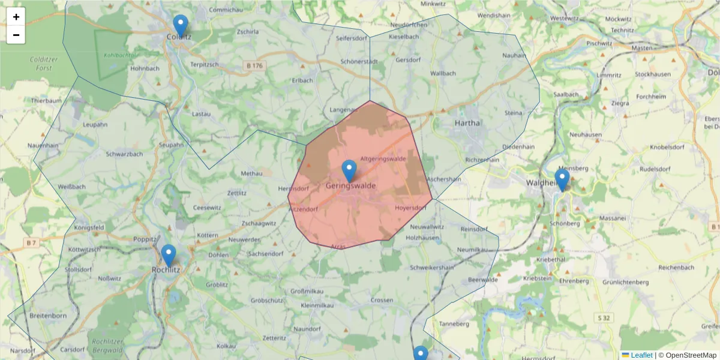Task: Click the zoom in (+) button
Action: [x=16, y=17]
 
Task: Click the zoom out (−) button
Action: [x=16, y=35]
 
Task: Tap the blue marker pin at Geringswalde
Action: [x=349, y=171]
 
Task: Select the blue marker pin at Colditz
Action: [x=181, y=26]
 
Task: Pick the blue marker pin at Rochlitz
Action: [x=169, y=255]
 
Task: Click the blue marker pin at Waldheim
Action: [x=562, y=179]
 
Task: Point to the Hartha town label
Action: [x=468, y=123]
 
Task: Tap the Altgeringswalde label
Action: [x=383, y=159]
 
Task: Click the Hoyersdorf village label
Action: [x=410, y=208]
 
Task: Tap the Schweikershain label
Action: [x=431, y=267]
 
